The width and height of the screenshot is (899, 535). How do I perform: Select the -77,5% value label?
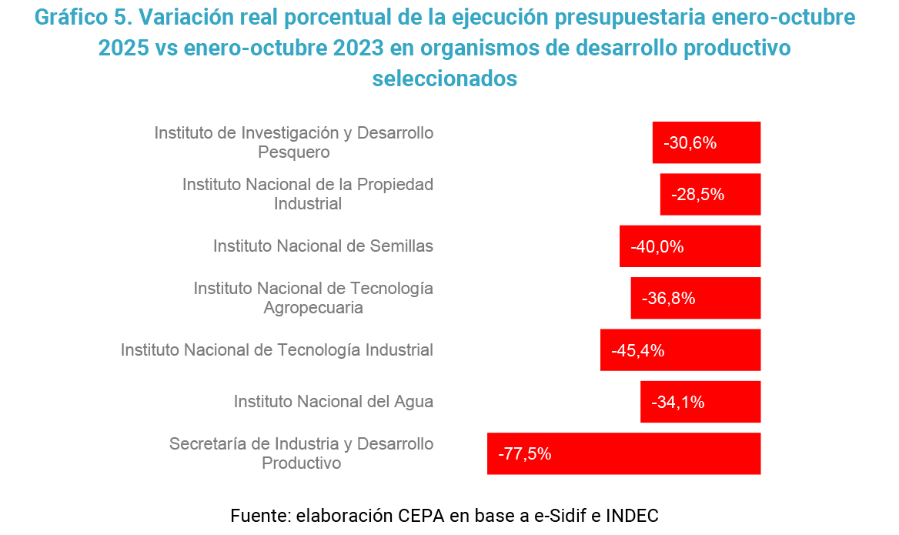525,453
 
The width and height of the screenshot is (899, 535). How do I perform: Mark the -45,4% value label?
638,350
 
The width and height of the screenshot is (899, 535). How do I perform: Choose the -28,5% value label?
698,194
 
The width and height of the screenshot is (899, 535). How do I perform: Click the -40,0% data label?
657,246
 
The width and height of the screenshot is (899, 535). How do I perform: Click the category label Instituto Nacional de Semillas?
323,246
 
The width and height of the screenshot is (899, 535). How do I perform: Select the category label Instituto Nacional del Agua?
333,402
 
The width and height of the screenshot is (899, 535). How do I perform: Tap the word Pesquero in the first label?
294,152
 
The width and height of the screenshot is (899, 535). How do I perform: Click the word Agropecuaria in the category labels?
313,308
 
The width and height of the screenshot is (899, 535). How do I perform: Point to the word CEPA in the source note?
422,515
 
